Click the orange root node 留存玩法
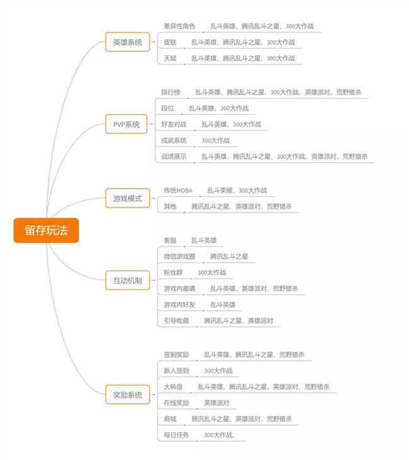click(x=46, y=230)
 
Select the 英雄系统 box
click(x=128, y=42)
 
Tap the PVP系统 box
click(x=126, y=124)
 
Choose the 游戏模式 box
click(x=128, y=199)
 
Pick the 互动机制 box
click(x=128, y=280)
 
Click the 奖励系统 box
click(x=128, y=395)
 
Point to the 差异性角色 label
click(x=179, y=26)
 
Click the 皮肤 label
click(x=170, y=42)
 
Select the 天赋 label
click(x=170, y=58)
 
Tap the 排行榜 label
click(x=171, y=92)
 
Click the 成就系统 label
click(x=174, y=140)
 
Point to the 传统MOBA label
click(x=178, y=190)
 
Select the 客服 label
click(x=170, y=241)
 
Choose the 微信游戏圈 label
click(x=179, y=256)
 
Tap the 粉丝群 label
click(x=173, y=273)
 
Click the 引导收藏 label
click(x=176, y=320)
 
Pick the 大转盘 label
click(x=173, y=386)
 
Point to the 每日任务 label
click(x=176, y=435)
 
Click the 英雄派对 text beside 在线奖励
click(x=216, y=403)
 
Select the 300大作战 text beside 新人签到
click(x=218, y=371)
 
